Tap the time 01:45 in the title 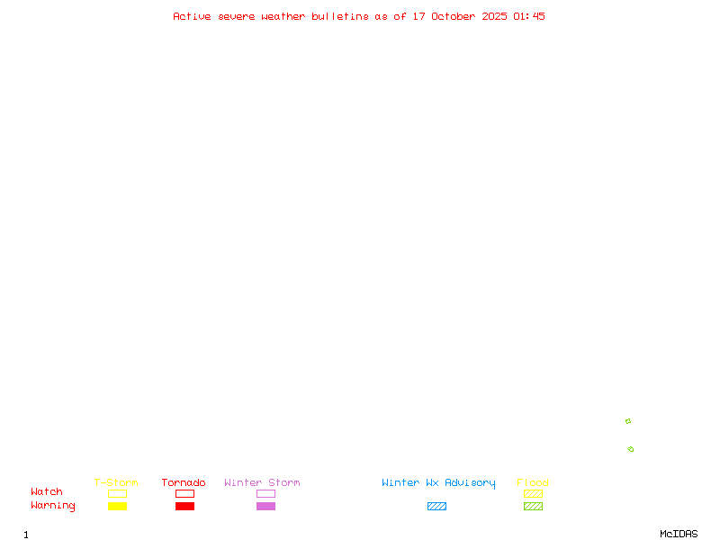tap(529, 16)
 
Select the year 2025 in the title tap(494, 16)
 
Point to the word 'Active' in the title tap(192, 16)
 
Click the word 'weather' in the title tap(283, 16)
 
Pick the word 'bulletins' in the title tap(340, 16)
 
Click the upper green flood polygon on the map tap(628, 421)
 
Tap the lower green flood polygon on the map tap(631, 449)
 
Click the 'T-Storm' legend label tap(116, 482)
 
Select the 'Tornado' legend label tap(184, 482)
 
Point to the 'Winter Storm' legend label tap(262, 482)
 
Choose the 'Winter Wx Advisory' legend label tap(438, 482)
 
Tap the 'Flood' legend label tap(533, 482)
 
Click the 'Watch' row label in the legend tap(47, 492)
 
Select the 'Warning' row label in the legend tap(53, 506)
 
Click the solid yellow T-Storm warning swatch tap(117, 507)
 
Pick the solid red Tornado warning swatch tap(184, 507)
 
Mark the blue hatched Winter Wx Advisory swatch tap(436, 507)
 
